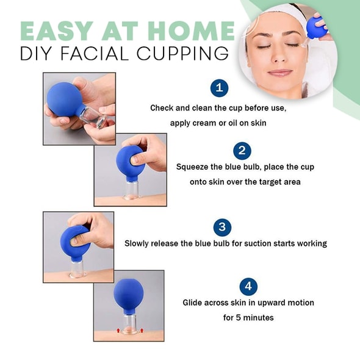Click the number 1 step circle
[x=220, y=88]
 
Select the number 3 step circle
[x=222, y=228]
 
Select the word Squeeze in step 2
[x=193, y=167]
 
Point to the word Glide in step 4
[x=194, y=303]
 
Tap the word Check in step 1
[x=163, y=108]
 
